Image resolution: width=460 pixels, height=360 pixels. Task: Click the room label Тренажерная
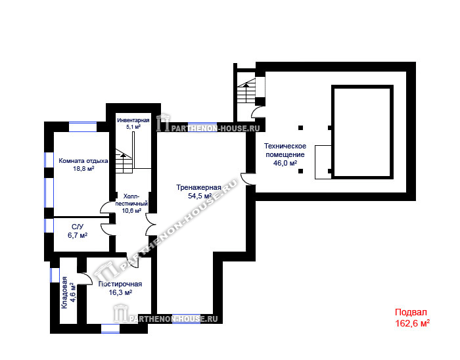click(198, 187)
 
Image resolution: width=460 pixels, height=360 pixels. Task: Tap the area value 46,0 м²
click(285, 163)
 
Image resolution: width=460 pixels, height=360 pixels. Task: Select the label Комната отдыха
click(83, 161)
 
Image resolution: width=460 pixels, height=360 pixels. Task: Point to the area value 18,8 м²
click(83, 169)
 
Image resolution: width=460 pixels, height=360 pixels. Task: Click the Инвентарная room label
click(133, 120)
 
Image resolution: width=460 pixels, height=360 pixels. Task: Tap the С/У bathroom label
click(78, 227)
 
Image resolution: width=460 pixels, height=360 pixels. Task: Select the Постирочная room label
click(120, 284)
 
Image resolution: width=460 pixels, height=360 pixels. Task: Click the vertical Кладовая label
click(64, 292)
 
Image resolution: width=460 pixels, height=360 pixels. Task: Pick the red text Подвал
click(411, 312)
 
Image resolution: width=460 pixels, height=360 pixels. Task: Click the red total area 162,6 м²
click(412, 323)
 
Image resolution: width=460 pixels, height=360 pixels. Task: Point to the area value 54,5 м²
click(200, 196)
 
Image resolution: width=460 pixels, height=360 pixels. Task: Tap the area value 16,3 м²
click(120, 292)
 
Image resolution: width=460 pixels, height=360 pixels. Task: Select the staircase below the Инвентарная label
click(124, 161)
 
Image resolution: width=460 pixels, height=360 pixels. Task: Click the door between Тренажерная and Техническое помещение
click(248, 179)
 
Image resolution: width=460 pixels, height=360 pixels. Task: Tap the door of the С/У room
click(108, 229)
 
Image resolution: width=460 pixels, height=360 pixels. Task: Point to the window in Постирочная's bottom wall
click(110, 328)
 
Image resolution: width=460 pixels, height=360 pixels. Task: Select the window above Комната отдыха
click(83, 127)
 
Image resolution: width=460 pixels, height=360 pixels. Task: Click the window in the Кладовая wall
click(55, 275)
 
